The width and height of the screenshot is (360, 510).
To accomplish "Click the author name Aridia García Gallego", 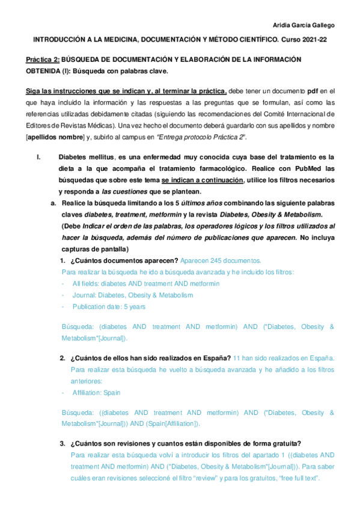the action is coord(313,25).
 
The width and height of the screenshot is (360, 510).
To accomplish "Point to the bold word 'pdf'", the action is coord(312,91).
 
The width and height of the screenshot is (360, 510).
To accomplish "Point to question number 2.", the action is coord(62,358).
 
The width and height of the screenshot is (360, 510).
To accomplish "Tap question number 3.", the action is coord(62,444).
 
